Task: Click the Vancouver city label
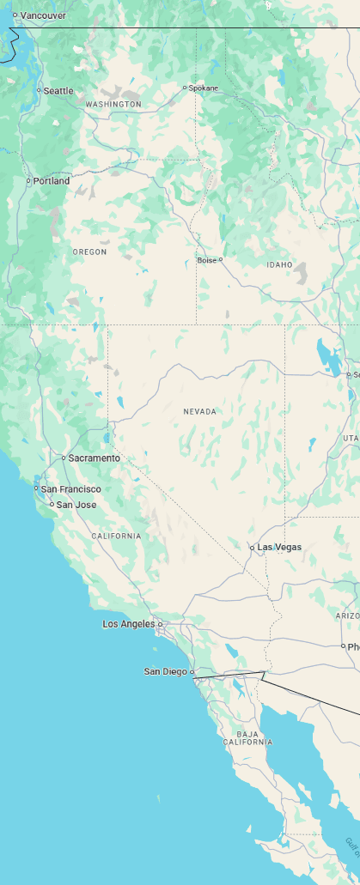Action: tap(43, 15)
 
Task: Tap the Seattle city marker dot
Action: tap(39, 90)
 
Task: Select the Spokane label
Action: tap(204, 88)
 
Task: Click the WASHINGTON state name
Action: tap(113, 104)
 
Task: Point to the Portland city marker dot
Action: tap(28, 181)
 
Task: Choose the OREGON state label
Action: tap(90, 252)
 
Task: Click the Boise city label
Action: tap(206, 260)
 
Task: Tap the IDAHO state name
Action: tap(279, 264)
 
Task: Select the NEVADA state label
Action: tap(200, 412)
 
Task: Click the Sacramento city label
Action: tap(95, 458)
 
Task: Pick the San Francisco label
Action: tap(71, 489)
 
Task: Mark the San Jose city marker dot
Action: tap(52, 505)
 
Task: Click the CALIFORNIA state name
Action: tap(116, 536)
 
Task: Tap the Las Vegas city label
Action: tap(280, 547)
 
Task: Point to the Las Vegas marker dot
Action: tap(252, 548)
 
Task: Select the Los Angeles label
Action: tap(129, 624)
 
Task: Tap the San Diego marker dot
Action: tap(192, 672)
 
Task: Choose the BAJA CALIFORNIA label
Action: tap(247, 737)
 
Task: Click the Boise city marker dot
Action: tap(221, 259)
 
